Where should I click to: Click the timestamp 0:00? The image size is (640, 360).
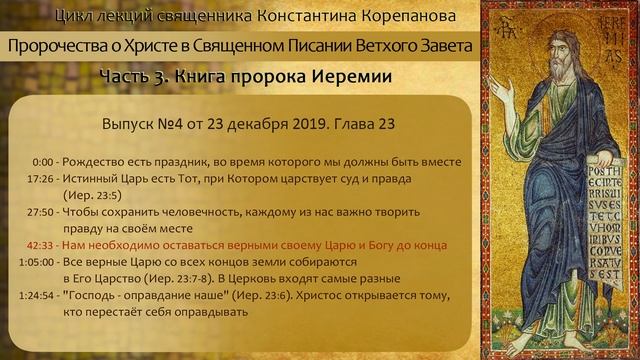tap(42, 162)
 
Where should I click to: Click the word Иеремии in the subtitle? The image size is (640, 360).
tap(349, 77)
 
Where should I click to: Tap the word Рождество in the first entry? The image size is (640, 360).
tap(104, 162)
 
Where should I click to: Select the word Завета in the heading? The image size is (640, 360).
tap(442, 47)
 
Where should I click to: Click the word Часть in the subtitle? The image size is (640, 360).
tap(125, 77)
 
